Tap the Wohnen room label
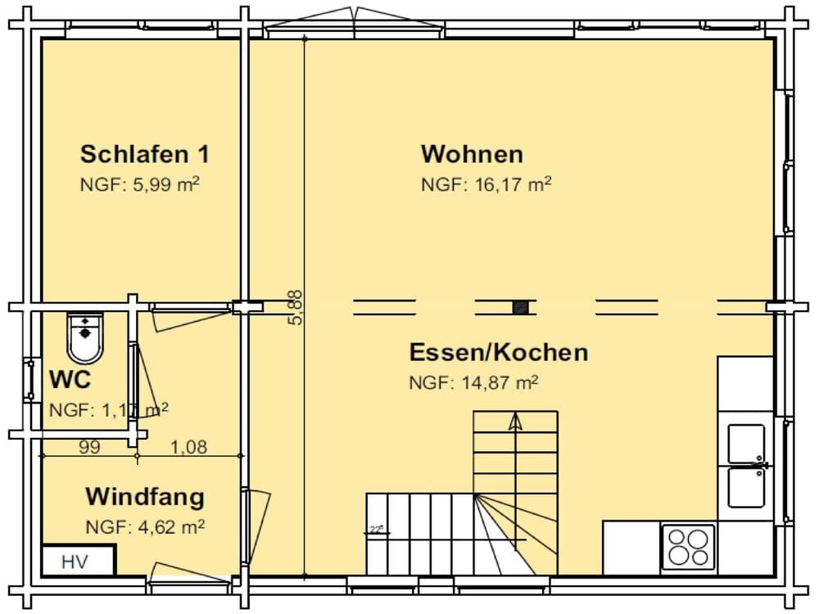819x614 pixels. (x=472, y=154)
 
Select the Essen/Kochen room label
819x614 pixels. (x=498, y=353)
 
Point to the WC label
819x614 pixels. (x=70, y=380)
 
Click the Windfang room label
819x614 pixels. (x=145, y=497)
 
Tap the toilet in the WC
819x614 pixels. (x=85, y=337)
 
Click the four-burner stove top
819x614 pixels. (x=688, y=546)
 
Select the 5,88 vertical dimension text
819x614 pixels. (x=296, y=307)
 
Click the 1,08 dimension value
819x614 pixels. (x=188, y=447)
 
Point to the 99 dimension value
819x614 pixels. (x=90, y=447)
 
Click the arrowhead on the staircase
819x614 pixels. (x=515, y=422)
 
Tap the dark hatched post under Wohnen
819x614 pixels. (x=520, y=307)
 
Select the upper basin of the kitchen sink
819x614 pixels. (x=745, y=443)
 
